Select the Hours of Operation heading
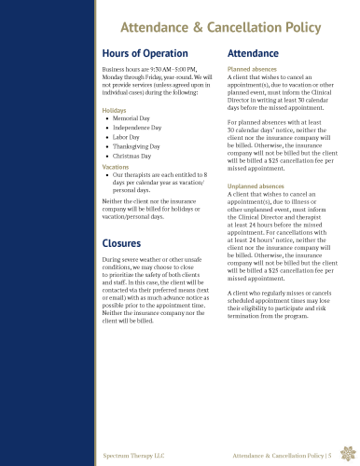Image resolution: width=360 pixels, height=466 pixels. pos(145,54)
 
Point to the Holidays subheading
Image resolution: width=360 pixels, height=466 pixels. pos(114,110)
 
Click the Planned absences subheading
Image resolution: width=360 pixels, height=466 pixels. pos(252,70)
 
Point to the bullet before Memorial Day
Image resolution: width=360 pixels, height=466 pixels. pos(107,119)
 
